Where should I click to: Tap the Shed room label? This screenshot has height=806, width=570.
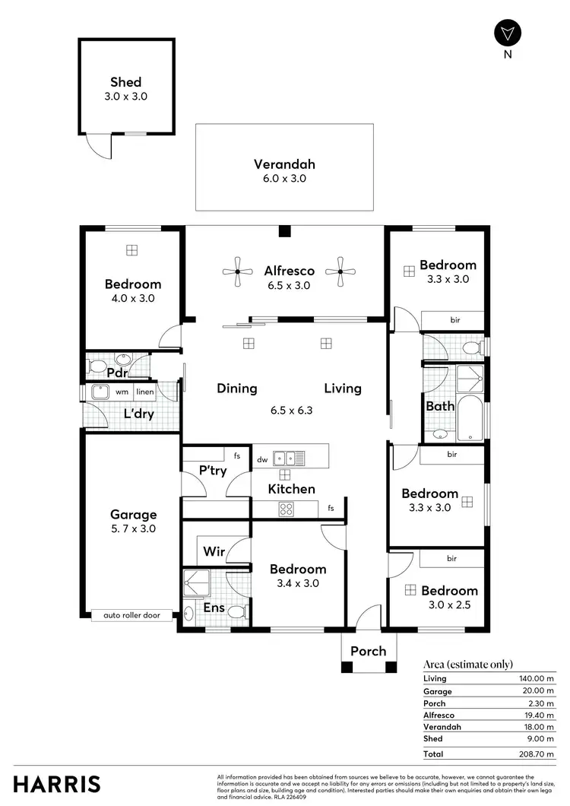tap(126, 82)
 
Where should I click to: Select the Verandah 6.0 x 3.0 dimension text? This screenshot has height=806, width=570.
tap(284, 179)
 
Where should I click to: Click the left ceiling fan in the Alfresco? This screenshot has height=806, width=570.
tap(237, 271)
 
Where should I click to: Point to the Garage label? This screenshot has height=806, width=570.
tap(133, 515)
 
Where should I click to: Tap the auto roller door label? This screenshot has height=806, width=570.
tap(126, 615)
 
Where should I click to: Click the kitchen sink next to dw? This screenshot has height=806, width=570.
tap(289, 459)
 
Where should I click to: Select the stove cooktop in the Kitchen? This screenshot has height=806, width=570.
tap(287, 509)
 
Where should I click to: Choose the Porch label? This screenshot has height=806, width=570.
tap(368, 651)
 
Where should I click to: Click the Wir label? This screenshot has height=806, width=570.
tap(214, 552)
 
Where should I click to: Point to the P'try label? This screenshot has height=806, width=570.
tap(213, 471)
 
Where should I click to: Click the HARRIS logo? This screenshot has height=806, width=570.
tap(57, 784)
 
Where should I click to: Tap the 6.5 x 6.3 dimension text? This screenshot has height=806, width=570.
tap(292, 410)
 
